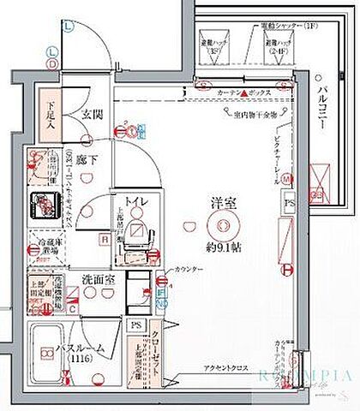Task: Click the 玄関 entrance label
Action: point(92,112)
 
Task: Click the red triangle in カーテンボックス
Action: point(243,91)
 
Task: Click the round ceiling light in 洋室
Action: point(225,224)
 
